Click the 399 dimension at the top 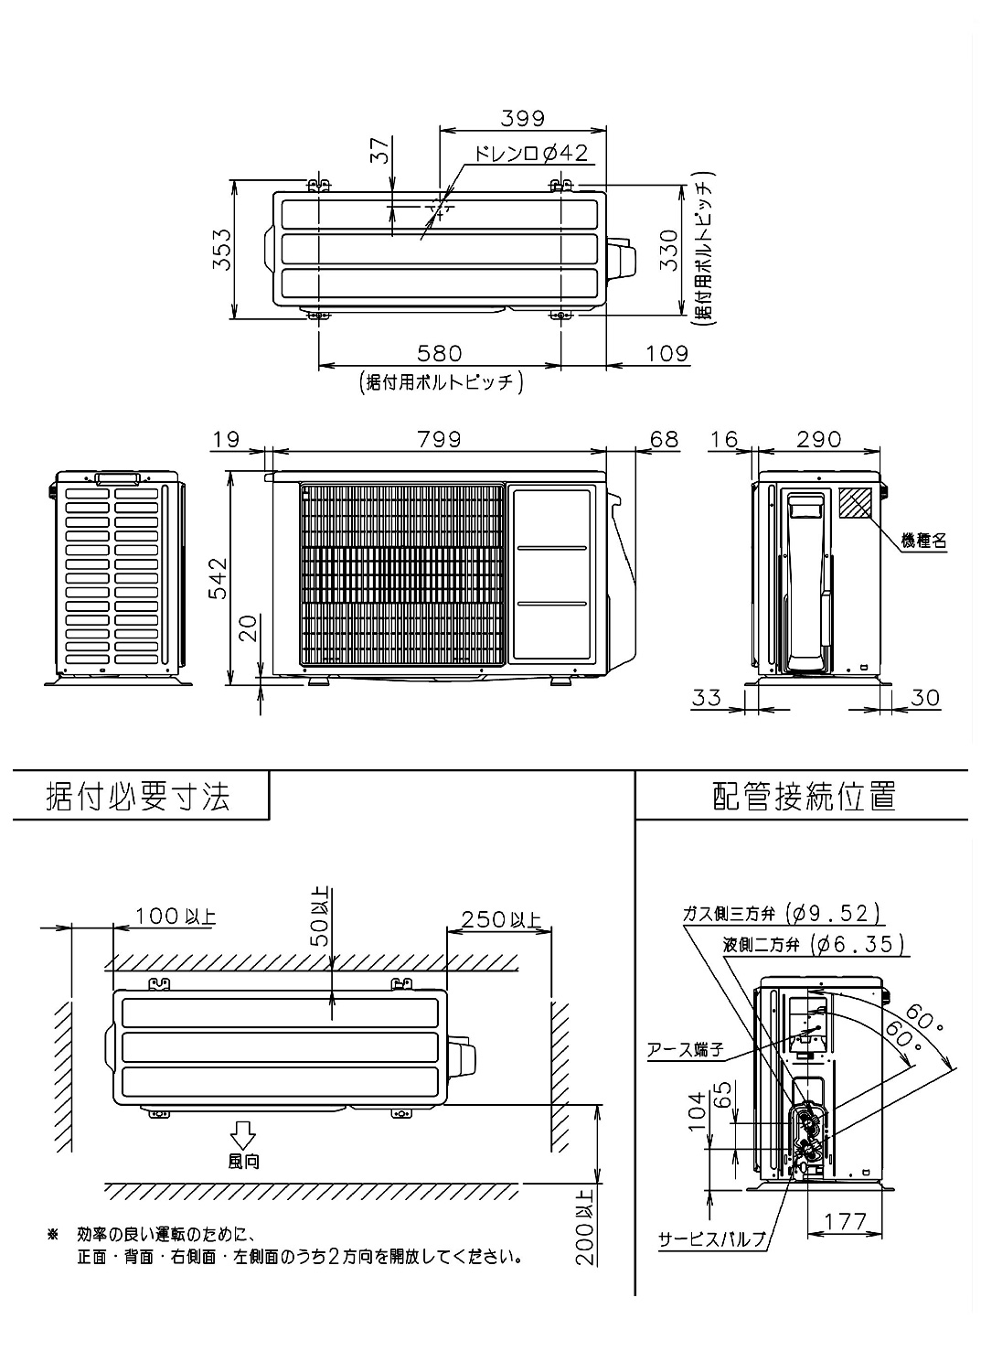[523, 118]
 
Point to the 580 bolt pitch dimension [440, 353]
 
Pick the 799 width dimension [440, 439]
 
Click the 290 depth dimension [818, 439]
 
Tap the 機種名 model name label [923, 541]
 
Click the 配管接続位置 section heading [804, 796]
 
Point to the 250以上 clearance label [499, 918]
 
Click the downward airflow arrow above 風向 [243, 1134]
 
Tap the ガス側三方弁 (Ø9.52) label [781, 913]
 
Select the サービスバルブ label [712, 1240]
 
